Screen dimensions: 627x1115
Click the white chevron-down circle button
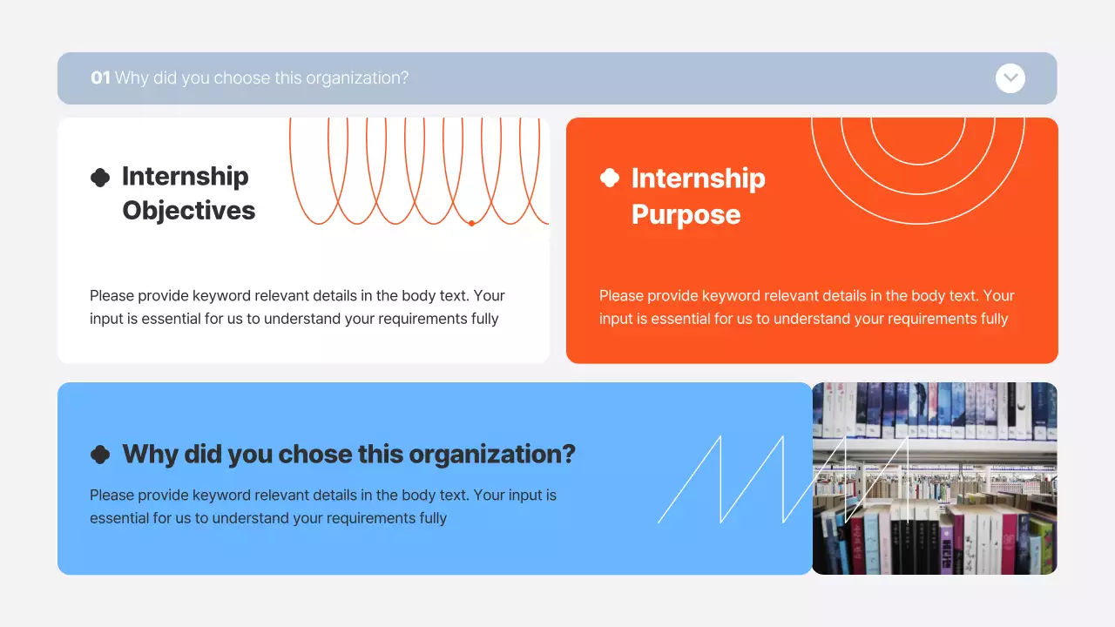pos(1010,78)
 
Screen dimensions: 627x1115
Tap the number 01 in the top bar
pos(100,78)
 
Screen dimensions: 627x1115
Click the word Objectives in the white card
pos(188,211)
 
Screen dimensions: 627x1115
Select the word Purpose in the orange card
pos(686,215)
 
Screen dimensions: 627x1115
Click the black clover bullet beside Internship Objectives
pos(100,178)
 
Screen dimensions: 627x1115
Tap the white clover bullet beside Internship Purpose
pos(610,178)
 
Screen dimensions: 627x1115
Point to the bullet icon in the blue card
pos(100,455)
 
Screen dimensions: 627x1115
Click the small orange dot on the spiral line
pos(471,223)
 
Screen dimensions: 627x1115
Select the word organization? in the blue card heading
pos(492,455)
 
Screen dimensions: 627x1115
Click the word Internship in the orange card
pos(698,179)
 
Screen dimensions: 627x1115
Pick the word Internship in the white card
pos(185,176)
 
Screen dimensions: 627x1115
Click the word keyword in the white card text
pos(221,296)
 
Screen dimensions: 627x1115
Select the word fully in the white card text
pos(484,319)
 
